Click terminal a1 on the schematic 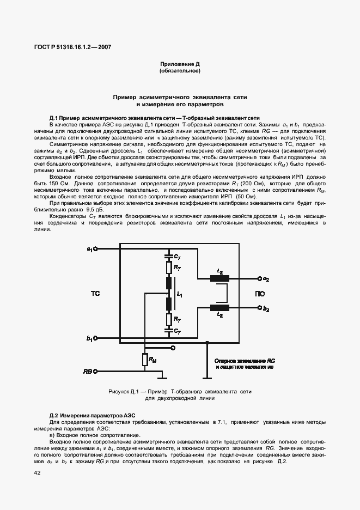(96, 249)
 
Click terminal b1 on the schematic (96, 338)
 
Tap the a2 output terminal (259, 279)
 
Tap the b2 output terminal (259, 308)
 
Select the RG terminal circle (96, 371)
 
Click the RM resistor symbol (145, 360)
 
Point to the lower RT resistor (169, 319)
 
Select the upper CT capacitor (169, 255)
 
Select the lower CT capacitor (169, 330)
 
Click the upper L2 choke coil (219, 279)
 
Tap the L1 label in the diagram (180, 295)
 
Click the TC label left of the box (95, 294)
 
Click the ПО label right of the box (260, 294)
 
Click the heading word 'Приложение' (173, 64)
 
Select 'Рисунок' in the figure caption (121, 392)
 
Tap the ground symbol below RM (162, 377)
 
